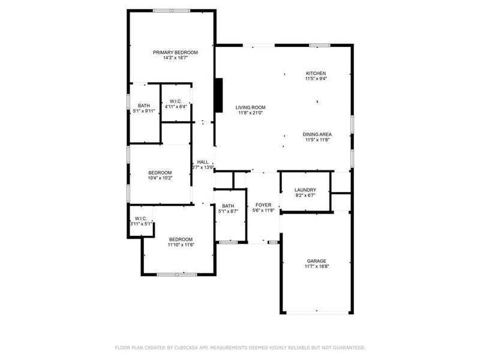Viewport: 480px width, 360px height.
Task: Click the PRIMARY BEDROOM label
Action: tap(175, 52)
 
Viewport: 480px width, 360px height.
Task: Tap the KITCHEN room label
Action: tap(316, 73)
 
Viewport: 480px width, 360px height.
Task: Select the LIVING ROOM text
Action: tap(250, 107)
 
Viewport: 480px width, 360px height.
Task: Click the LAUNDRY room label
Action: tap(305, 190)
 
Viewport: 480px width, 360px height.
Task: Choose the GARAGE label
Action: tap(317, 260)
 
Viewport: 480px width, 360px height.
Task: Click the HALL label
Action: tap(203, 162)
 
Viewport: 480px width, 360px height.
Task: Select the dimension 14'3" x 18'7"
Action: tap(175, 58)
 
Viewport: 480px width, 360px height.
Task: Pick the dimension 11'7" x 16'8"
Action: tap(317, 266)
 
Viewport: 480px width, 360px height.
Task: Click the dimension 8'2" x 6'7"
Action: tap(305, 195)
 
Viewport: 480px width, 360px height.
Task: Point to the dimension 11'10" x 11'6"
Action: tap(181, 245)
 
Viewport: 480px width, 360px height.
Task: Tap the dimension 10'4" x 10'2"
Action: tap(160, 178)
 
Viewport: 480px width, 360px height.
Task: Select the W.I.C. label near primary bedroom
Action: tap(176, 101)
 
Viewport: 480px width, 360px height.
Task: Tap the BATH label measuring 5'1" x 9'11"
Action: tap(144, 106)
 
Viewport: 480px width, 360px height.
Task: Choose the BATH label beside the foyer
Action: tap(228, 206)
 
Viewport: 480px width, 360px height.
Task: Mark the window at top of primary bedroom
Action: tap(172, 10)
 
